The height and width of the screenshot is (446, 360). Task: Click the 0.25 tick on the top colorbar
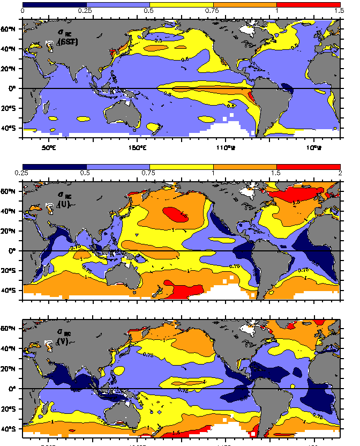(x=86, y=11)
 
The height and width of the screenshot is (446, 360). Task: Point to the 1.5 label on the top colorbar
(x=337, y=11)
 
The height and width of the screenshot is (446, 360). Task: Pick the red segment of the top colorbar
(x=308, y=4)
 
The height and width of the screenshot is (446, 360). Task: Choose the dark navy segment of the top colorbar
(x=54, y=4)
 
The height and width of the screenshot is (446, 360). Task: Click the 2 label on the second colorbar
(x=339, y=172)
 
